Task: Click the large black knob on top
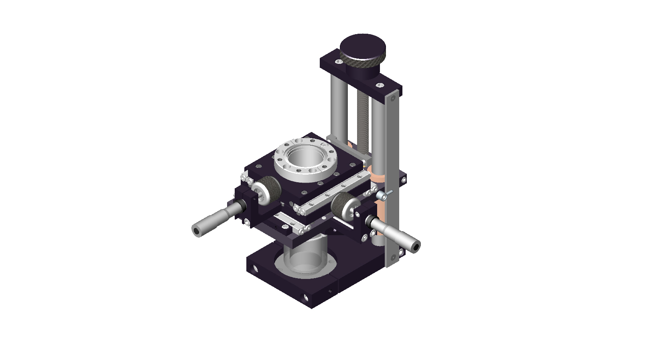coord(362,47)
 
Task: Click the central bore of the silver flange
coord(305,157)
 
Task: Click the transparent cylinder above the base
coord(305,257)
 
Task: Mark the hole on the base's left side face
coord(254,268)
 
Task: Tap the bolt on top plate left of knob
coord(339,62)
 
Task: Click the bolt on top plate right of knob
coord(379,85)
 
